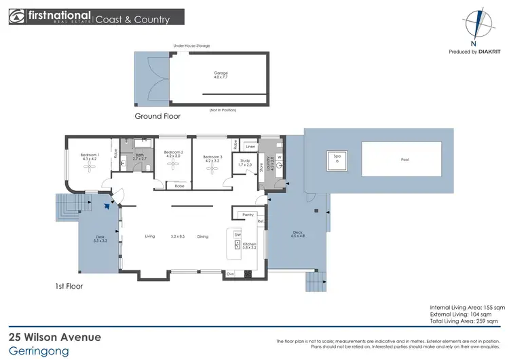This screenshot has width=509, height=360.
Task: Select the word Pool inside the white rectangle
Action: point(405,160)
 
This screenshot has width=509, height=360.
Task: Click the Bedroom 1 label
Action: point(90,156)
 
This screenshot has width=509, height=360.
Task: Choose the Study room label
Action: point(244,163)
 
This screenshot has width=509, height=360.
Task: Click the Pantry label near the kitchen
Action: point(248,215)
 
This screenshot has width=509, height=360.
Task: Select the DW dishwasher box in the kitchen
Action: point(237,235)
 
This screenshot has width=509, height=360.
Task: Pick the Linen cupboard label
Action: point(250,147)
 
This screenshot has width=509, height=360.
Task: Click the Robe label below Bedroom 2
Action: point(179,185)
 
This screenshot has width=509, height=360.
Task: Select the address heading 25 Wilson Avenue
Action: point(54,337)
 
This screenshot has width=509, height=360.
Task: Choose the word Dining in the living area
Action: point(203,236)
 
